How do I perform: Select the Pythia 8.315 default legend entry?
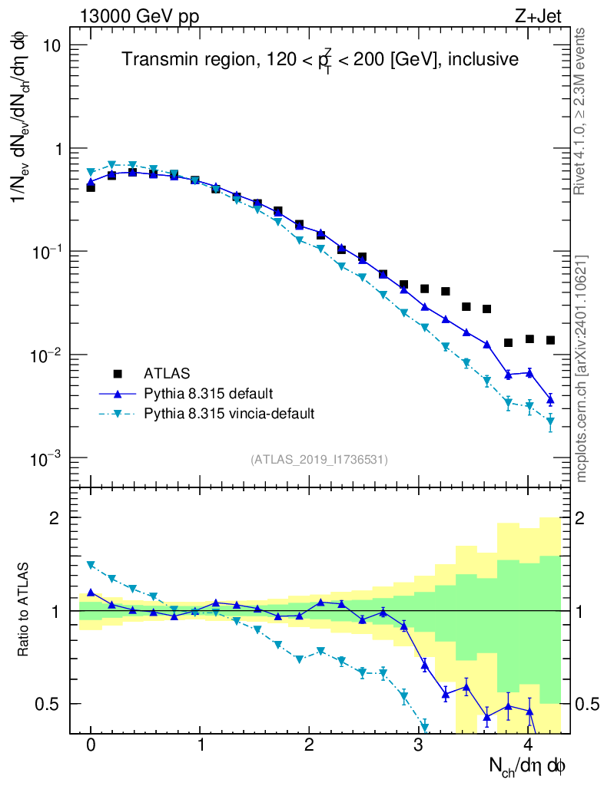click(207, 394)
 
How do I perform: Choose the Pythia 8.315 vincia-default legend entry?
click(229, 414)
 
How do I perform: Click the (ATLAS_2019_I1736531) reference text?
click(319, 460)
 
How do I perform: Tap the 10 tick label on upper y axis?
click(53, 45)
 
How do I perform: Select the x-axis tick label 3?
click(419, 745)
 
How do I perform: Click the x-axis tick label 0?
click(91, 745)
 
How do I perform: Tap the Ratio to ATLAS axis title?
click(24, 610)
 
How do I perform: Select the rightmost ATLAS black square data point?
click(550, 340)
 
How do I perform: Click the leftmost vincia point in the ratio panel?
click(91, 565)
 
